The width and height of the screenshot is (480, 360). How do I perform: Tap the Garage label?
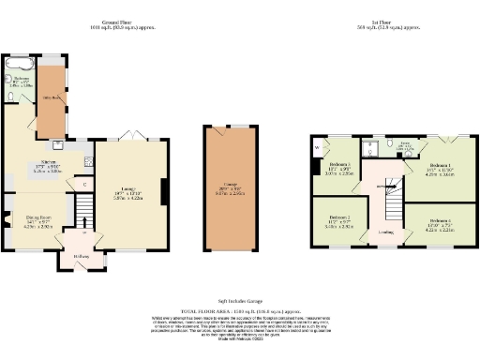pos(230,187)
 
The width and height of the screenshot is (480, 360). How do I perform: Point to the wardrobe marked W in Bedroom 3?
pos(318,147)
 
